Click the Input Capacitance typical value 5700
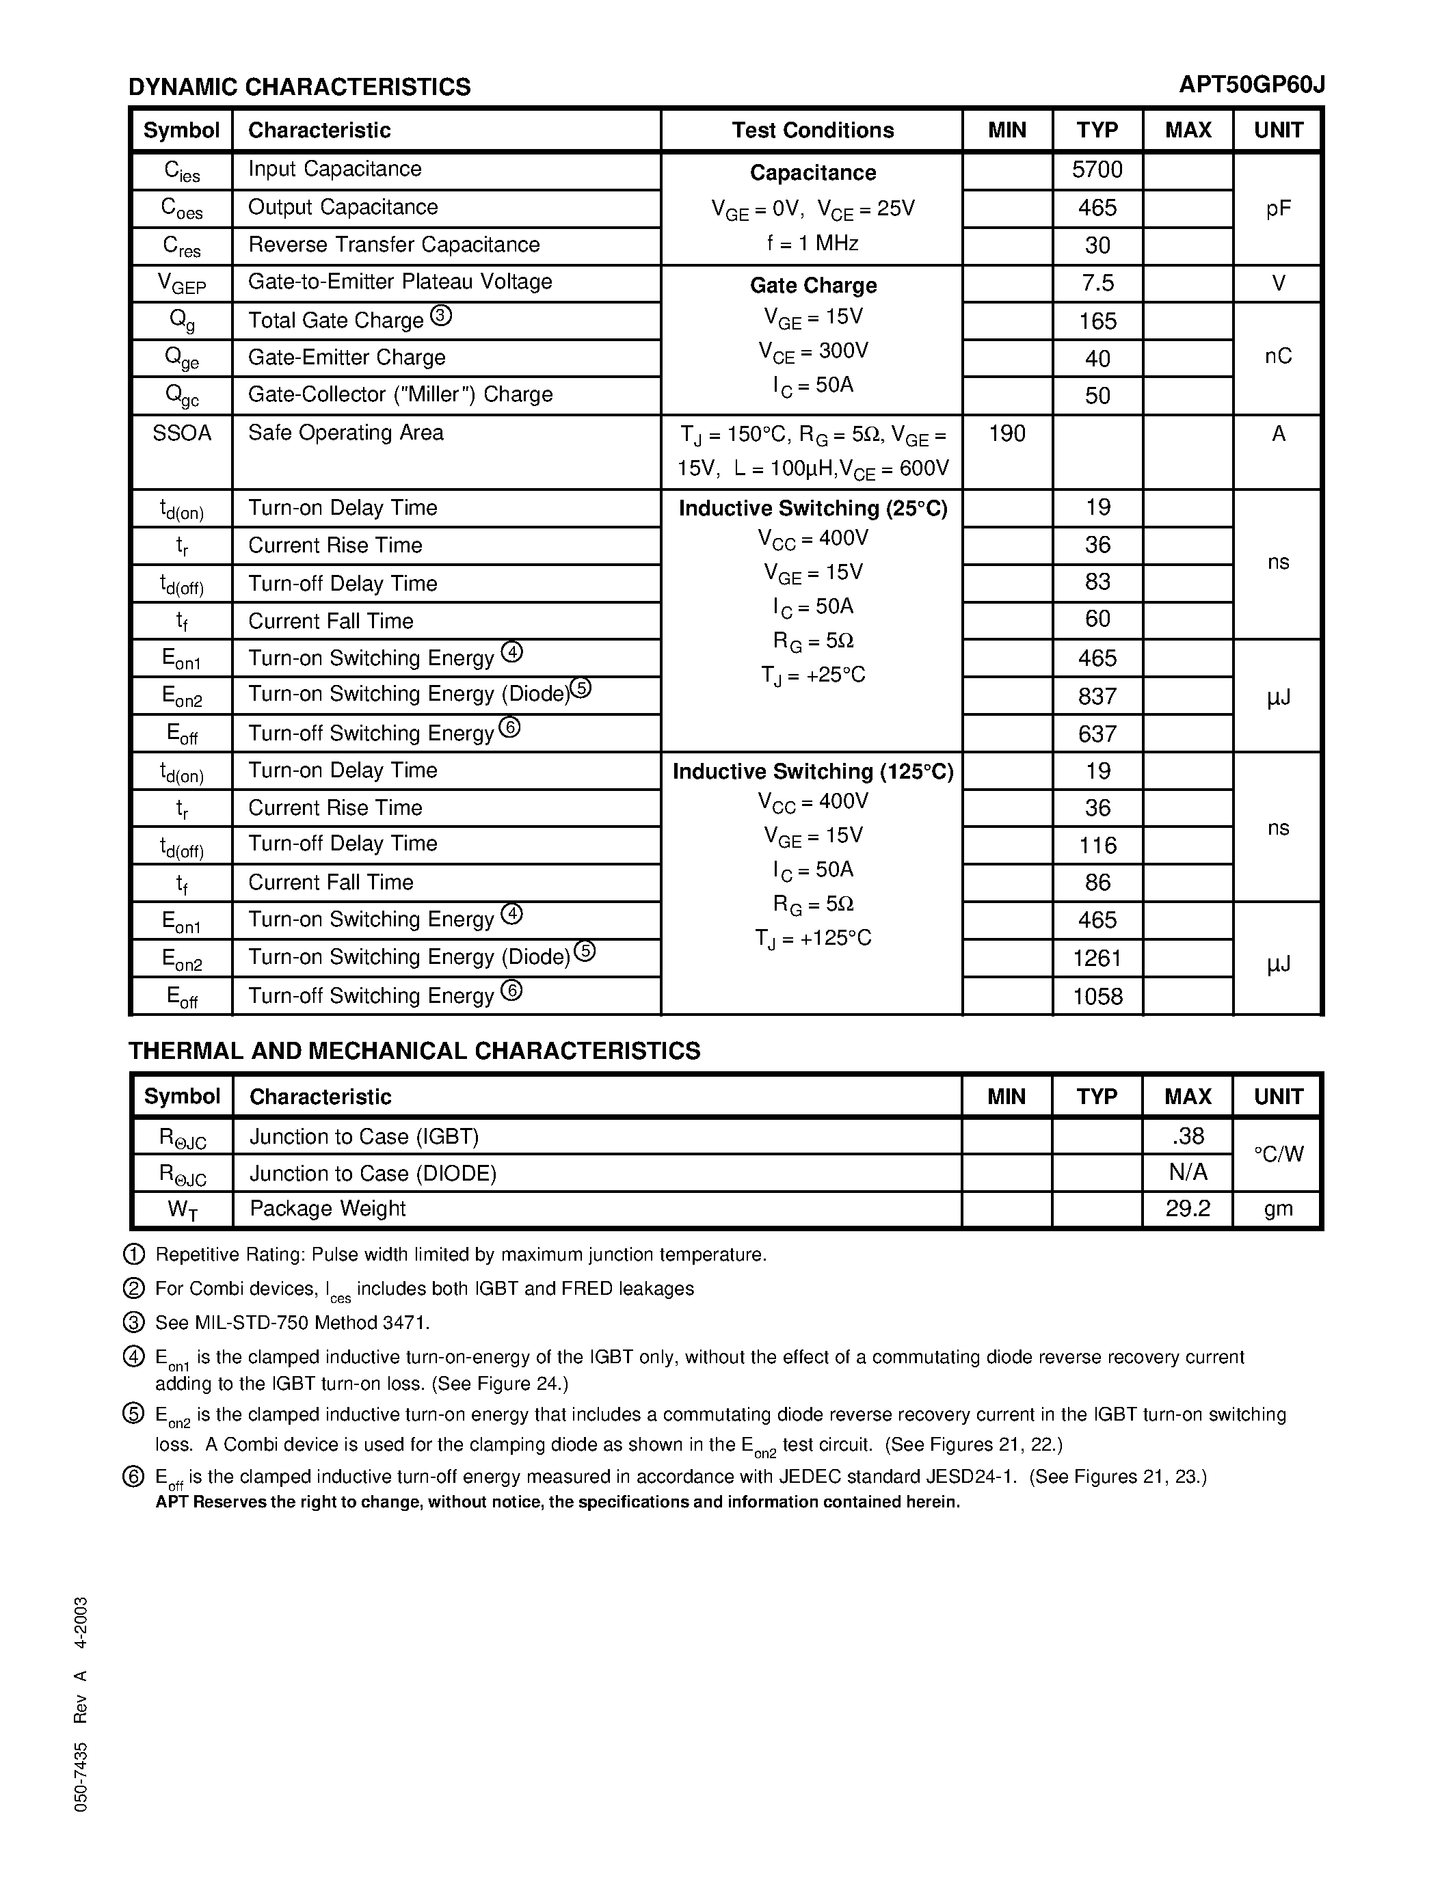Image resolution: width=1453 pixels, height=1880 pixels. pyautogui.click(x=1097, y=170)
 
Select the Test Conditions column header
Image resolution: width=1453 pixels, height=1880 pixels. pyautogui.click(x=812, y=130)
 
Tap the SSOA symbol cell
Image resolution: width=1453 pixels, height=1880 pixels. pyautogui.click(x=182, y=433)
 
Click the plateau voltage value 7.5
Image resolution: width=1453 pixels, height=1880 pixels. pyautogui.click(x=1097, y=283)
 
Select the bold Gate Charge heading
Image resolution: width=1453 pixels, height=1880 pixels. pyautogui.click(x=812, y=285)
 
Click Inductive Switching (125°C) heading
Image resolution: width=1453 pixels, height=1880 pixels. pyautogui.click(x=812, y=771)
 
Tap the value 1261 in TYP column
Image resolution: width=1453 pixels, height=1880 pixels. pyautogui.click(x=1097, y=958)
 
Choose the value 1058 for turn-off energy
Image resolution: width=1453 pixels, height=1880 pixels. pyautogui.click(x=1097, y=996)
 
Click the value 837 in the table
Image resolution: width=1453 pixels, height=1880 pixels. pyautogui.click(x=1097, y=695)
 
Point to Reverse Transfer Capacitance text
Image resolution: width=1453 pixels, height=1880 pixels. pyautogui.click(x=393, y=245)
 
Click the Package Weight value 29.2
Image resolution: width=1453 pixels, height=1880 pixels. pyautogui.click(x=1187, y=1209)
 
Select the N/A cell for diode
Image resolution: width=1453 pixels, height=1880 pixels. pyautogui.click(x=1187, y=1172)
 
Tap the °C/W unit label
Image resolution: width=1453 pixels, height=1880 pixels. pyautogui.click(x=1278, y=1155)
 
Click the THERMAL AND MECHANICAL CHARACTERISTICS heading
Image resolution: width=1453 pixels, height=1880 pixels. pyautogui.click(x=414, y=1051)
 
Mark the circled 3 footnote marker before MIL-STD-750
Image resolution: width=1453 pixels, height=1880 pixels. pyautogui.click(x=134, y=1322)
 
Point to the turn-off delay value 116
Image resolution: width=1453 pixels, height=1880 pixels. pyautogui.click(x=1097, y=845)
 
